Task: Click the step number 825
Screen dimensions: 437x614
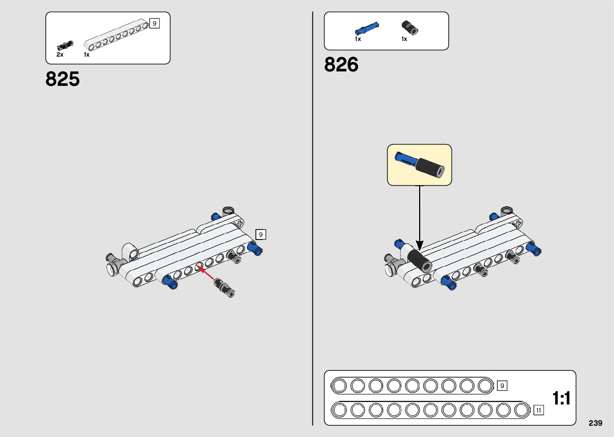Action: [63, 79]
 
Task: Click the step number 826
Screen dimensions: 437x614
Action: [341, 65]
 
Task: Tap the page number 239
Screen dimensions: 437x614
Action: [596, 423]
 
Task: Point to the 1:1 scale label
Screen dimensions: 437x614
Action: [561, 398]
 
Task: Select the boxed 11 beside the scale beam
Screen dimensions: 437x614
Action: [539, 410]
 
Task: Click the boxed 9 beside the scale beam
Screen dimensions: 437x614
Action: [502, 386]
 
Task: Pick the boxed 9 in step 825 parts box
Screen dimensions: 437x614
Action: [154, 23]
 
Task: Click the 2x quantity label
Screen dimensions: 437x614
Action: [60, 55]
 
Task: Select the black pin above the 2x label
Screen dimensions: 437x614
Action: [65, 45]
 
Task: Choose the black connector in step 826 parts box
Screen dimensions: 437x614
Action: [410, 28]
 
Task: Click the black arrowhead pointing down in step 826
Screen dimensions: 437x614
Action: [419, 244]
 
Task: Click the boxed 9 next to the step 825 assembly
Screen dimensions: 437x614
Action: [261, 234]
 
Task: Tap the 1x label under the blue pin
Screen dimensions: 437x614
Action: [358, 39]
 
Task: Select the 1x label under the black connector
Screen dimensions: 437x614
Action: [404, 39]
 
